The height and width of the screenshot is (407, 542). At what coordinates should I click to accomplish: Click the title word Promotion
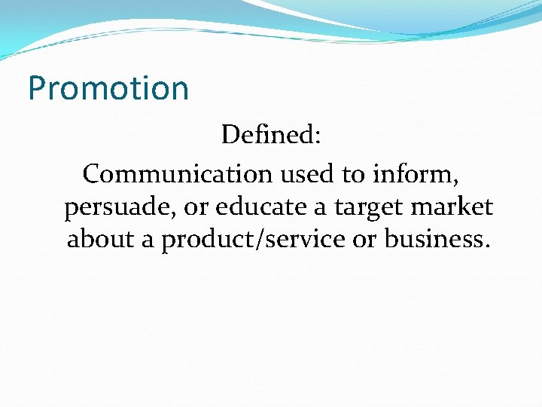tap(108, 89)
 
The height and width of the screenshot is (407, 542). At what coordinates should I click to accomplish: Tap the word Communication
tap(177, 174)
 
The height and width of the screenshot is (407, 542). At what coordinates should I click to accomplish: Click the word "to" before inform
tap(352, 174)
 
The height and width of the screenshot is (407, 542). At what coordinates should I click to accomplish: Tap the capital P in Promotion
tap(37, 89)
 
